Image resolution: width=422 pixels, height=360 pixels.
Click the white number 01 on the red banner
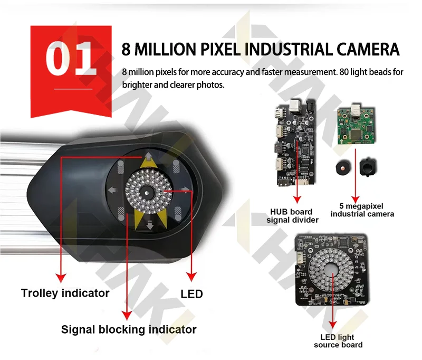coord(71,59)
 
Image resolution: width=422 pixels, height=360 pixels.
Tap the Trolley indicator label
coord(65,293)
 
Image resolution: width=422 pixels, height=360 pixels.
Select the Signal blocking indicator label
coord(129,329)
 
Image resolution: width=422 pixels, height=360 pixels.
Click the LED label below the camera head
coord(191,294)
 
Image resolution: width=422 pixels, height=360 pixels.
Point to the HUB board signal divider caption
coord(292,216)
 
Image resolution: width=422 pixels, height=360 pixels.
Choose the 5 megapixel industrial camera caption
coord(362,210)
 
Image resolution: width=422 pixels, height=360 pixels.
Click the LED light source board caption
coord(338,341)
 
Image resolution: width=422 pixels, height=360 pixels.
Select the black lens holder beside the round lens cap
coord(368,167)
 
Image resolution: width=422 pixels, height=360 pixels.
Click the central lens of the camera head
coord(147,193)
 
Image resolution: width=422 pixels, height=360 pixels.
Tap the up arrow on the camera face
coord(148,157)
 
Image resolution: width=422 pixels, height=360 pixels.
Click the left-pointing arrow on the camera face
coord(112,191)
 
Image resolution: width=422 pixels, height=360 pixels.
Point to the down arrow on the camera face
coord(150,224)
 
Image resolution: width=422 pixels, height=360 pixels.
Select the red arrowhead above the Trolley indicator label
coord(61,278)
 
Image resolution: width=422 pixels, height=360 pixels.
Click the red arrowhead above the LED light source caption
coord(333,325)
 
